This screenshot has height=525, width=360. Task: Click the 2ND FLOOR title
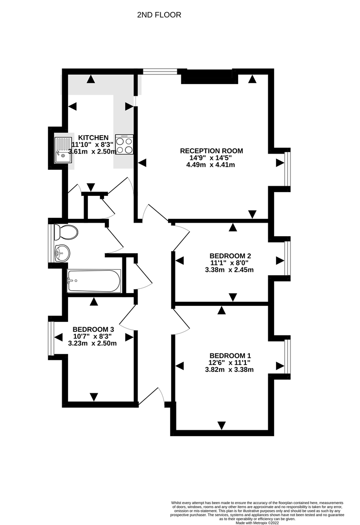[x=159, y=15]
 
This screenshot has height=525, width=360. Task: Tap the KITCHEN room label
[x=93, y=138]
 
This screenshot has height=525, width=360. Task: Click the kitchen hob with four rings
[x=124, y=145]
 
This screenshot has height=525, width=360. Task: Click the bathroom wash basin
[x=62, y=253]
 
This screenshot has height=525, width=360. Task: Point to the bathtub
[x=94, y=281]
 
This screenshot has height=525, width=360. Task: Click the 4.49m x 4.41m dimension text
[x=211, y=165]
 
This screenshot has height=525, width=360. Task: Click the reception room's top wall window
[x=160, y=72]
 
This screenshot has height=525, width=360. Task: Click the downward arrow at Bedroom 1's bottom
[x=222, y=425]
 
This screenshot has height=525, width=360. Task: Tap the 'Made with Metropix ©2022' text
[x=257, y=523]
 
